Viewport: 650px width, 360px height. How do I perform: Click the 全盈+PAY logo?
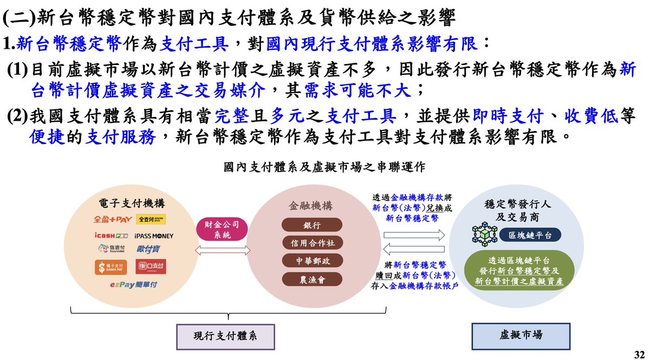[x=113, y=219]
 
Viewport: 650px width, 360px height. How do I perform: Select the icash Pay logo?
[x=110, y=236]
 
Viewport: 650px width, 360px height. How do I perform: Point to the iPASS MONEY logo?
[x=154, y=236]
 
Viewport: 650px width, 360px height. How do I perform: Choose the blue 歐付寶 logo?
[x=148, y=250]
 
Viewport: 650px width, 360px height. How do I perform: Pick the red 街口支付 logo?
[x=152, y=267]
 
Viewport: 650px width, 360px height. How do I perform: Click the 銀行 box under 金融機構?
[x=312, y=225]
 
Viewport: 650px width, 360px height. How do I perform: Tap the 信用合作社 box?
[x=312, y=243]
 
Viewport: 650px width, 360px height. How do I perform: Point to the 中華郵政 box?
[x=312, y=261]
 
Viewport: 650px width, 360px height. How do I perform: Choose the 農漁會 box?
[x=312, y=279]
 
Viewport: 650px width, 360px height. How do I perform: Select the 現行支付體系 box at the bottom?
[x=225, y=336]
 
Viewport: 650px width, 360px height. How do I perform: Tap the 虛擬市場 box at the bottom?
[x=521, y=336]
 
